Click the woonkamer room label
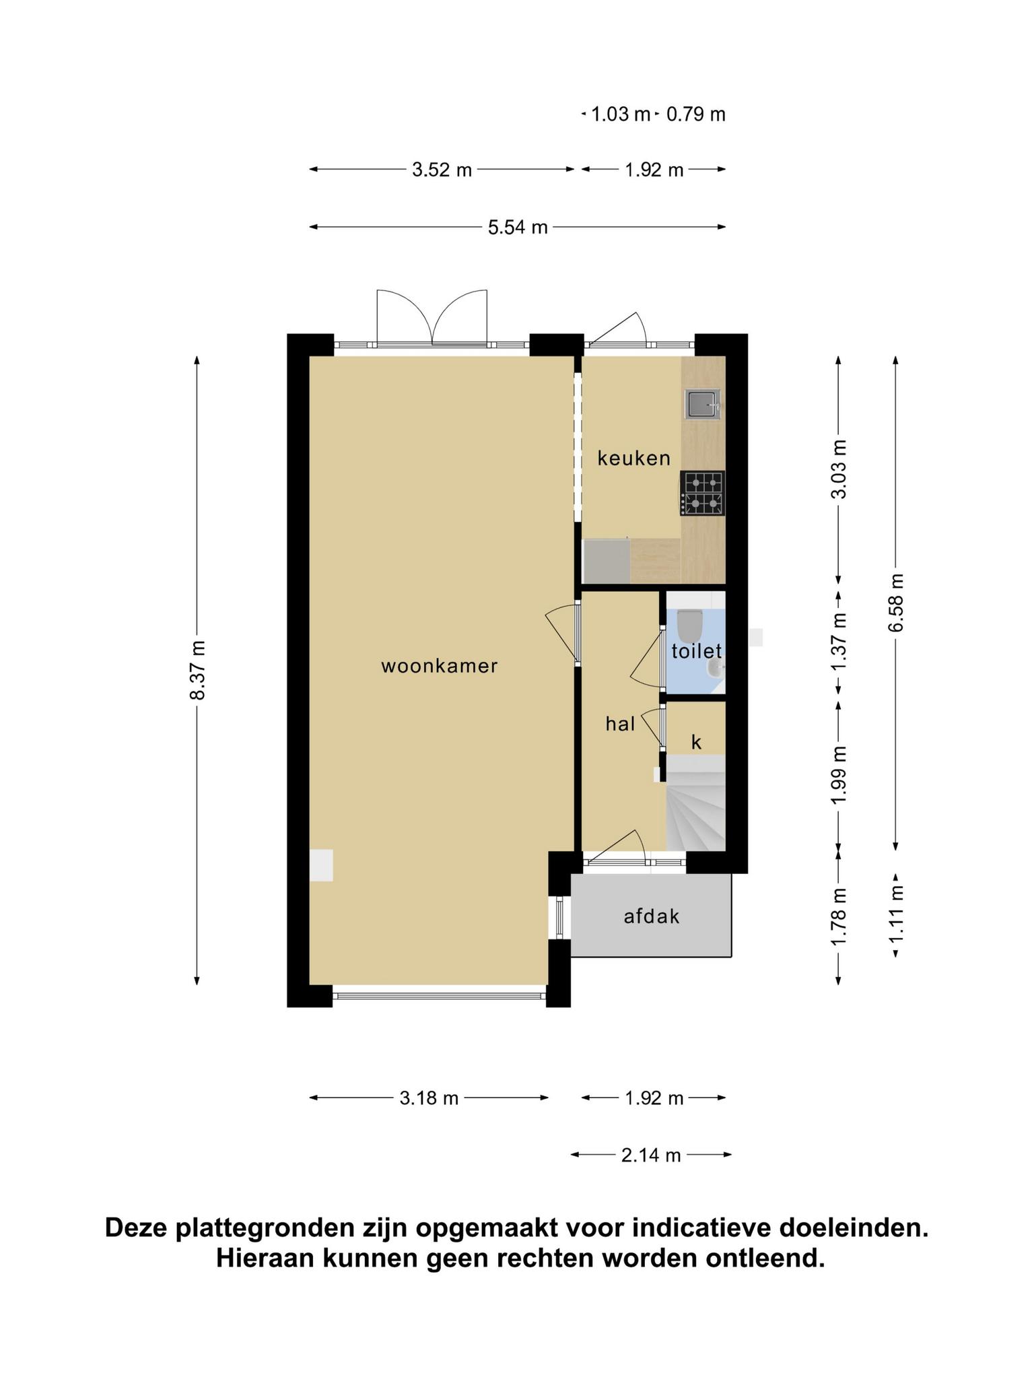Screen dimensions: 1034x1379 pos(439,666)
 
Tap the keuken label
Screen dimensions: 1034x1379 pos(634,459)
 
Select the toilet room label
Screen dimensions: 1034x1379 pos(697,651)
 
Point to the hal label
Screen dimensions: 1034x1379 pos(620,724)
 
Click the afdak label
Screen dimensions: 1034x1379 pos(652,916)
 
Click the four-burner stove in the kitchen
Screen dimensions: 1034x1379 pos(703,494)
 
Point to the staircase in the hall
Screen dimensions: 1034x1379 pos(695,803)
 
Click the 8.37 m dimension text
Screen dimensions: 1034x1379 pos(198,670)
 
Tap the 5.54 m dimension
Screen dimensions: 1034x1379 pos(518,227)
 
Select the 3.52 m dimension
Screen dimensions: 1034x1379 pos(442,170)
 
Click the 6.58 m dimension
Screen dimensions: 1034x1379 pos(896,603)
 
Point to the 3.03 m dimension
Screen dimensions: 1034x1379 pos(839,469)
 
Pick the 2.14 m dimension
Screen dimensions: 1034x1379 pos(651,1156)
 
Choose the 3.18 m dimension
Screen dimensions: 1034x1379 pos(429,1099)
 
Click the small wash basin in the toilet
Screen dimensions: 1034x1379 pos(716,667)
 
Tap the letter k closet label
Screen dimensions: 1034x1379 pos(697,743)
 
